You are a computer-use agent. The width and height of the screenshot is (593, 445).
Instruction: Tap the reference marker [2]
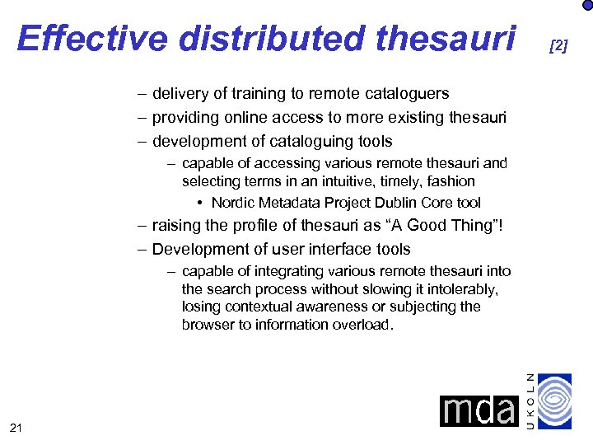click(x=558, y=46)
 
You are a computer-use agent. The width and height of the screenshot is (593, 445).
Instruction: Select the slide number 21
click(x=16, y=427)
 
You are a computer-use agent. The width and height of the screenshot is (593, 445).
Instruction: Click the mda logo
click(x=479, y=410)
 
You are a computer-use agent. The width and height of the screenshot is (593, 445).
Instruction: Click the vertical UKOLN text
click(x=531, y=400)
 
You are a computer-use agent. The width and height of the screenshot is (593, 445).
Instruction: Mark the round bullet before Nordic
click(x=201, y=203)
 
